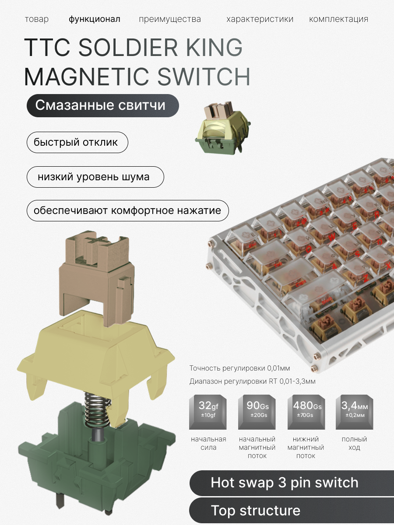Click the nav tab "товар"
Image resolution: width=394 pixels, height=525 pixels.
[x=36, y=19]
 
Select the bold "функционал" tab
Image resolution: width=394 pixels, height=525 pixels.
[x=94, y=19]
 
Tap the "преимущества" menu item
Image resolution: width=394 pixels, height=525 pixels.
[x=170, y=19]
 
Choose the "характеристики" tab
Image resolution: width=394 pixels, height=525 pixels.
[x=260, y=19]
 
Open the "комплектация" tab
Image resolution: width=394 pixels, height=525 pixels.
[x=338, y=19]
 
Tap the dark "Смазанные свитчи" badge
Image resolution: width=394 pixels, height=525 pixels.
[x=102, y=105]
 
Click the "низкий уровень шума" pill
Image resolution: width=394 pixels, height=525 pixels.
[x=95, y=177]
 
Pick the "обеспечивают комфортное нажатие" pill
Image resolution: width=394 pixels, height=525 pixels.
[x=127, y=211]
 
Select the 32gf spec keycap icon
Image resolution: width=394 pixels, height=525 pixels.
[x=208, y=411]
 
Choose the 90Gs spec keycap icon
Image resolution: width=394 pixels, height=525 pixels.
[x=257, y=411]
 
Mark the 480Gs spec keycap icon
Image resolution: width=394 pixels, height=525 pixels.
[x=306, y=411]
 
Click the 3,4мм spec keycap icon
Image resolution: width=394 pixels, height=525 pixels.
[x=354, y=411]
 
